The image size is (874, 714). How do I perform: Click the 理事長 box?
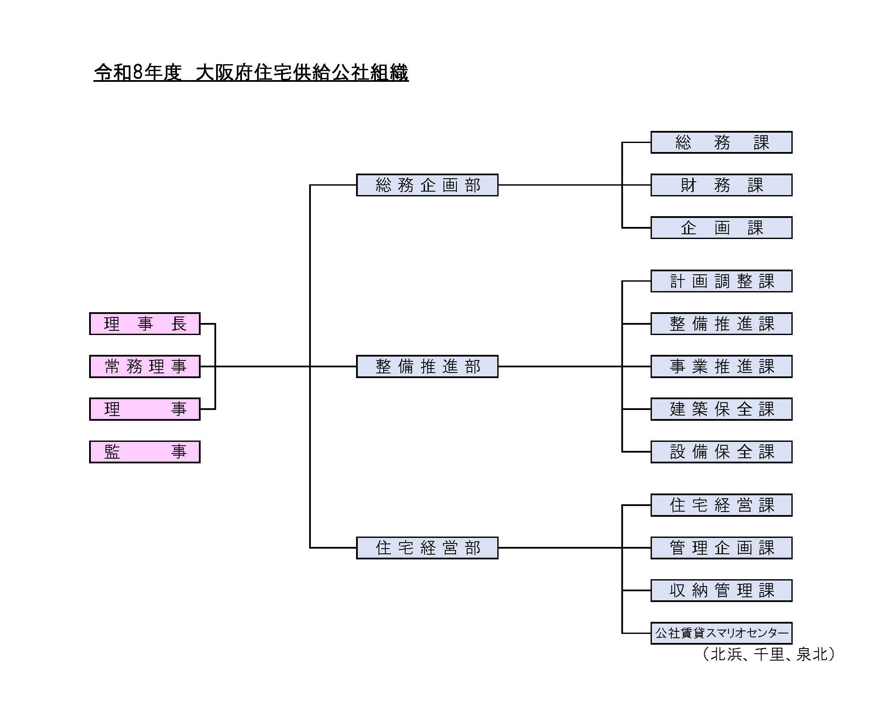pos(145,323)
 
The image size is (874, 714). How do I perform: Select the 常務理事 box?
pos(145,366)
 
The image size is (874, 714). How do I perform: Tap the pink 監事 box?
pos(145,452)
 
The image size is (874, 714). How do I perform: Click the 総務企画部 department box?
pos(427,185)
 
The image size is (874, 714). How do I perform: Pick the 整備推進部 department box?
pos(427,366)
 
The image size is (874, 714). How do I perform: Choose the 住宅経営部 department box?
pos(427,548)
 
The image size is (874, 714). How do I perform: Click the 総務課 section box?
pos(721,143)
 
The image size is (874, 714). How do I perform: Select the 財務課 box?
pos(721,185)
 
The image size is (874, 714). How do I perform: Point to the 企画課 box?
pos(721,228)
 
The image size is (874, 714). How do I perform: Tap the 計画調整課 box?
pos(721,281)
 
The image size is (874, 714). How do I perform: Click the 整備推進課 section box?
pos(721,324)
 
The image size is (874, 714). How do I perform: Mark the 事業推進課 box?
pos(721,366)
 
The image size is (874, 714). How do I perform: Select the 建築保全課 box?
pos(721,409)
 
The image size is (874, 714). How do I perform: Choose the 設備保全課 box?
pos(721,452)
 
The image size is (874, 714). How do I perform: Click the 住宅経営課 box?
pos(721,505)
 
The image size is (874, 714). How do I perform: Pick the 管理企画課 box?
pos(721,548)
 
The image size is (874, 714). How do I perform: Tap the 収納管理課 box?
pos(721,590)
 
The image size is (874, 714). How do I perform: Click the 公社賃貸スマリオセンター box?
pos(721,633)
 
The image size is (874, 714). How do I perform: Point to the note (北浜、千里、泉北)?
pos(769,655)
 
